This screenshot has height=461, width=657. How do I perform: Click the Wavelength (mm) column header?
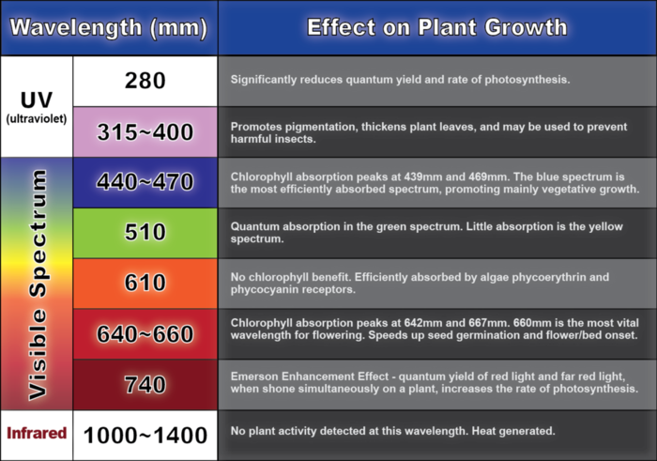coord(109,27)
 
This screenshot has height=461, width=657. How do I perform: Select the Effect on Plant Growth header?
coord(437,27)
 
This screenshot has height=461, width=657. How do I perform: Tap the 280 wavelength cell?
coord(145,81)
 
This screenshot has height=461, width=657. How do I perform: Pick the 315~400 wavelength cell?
coord(145,132)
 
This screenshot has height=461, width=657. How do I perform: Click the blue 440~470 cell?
coord(145,182)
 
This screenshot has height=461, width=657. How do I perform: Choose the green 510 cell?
coord(145,233)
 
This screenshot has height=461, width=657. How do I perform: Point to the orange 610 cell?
coord(145,283)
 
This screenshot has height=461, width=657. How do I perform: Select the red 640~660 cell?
coord(145,333)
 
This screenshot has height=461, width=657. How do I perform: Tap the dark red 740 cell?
coord(145,384)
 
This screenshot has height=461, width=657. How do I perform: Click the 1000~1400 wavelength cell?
coord(145,435)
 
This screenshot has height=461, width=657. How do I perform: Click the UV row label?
coord(37,100)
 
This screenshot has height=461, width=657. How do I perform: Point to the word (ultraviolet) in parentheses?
coord(37,119)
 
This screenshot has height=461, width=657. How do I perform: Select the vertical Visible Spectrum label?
coord(38,284)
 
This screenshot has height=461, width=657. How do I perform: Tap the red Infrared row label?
coord(37,433)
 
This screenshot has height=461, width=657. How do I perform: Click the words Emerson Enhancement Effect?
coord(309,376)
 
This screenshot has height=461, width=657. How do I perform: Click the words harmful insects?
coord(273,139)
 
